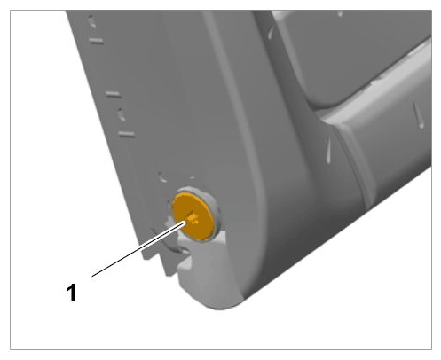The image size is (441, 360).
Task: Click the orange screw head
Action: (x=193, y=215)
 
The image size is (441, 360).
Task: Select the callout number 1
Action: (x=71, y=293)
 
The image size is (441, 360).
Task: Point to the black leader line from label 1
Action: (x=139, y=248)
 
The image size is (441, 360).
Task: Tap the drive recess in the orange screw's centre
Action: (x=193, y=218)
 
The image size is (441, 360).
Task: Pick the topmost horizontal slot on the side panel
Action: (x=97, y=41)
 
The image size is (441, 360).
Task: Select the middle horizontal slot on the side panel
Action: (x=114, y=94)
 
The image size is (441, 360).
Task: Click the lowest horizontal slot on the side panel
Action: (x=127, y=134)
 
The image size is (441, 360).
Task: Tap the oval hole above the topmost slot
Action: (x=92, y=21)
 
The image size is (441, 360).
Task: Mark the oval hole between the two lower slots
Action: (x=122, y=114)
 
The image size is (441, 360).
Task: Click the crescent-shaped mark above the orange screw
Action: (x=162, y=177)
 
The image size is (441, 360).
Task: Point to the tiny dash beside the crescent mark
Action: (x=193, y=178)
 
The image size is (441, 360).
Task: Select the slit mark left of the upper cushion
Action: (x=271, y=32)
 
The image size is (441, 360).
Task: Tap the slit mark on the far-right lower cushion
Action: (x=419, y=115)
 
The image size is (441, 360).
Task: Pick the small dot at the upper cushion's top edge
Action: (x=340, y=13)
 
